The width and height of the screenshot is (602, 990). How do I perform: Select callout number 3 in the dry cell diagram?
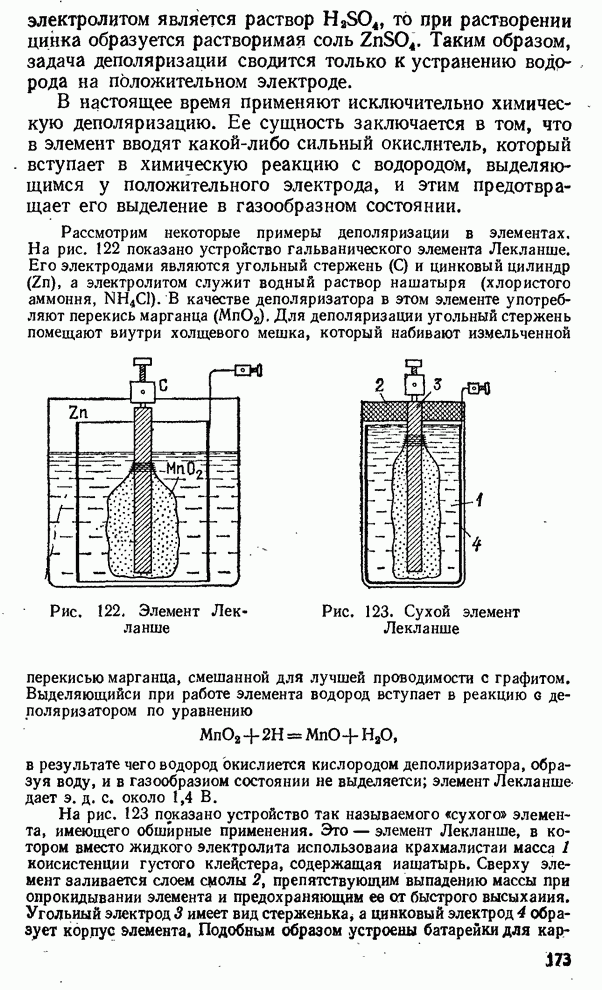(438, 385)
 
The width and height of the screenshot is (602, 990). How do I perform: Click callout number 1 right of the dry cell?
(480, 499)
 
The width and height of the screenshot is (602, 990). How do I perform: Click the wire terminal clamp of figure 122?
(242, 368)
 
